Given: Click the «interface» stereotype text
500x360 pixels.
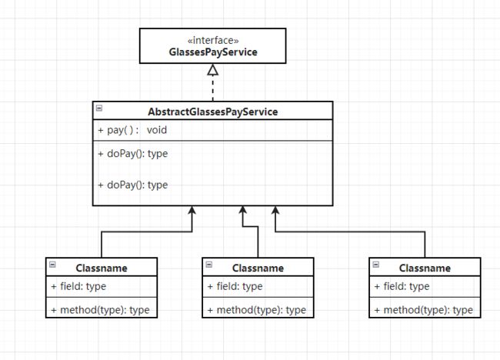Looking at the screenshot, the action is pos(213,41).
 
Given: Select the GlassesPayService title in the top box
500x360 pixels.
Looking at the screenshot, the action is pos(213,52).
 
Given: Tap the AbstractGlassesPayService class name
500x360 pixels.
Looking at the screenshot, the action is pos(212,112).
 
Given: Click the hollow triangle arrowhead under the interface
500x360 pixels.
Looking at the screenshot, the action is pos(212,70).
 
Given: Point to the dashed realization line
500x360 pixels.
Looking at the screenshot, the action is pos(212,88).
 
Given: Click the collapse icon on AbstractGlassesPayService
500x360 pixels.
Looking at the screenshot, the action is pos(99,108).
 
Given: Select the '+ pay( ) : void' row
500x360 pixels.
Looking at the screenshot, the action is pos(132,130).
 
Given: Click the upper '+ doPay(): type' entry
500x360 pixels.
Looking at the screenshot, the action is pos(132,154).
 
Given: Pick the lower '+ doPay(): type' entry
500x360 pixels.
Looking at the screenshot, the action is pos(132,185).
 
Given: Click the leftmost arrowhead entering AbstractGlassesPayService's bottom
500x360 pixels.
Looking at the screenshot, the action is pos(192,210).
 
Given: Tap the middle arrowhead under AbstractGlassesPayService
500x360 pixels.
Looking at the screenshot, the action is pos(242,210).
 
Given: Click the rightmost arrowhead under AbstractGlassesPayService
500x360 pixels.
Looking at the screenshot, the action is pos(275,210).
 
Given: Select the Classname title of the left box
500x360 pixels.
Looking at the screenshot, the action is pos(102,268).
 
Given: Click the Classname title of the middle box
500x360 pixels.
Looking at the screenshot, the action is pos(258,268).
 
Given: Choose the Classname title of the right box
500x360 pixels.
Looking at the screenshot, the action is pos(425,268).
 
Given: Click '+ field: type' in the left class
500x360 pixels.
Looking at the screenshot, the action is pos(78,286).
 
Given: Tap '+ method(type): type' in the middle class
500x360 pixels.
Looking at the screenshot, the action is pos(257,310).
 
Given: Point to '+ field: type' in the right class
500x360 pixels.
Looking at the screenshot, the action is pos(402,286).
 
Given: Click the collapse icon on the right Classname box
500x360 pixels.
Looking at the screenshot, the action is pos(376,265).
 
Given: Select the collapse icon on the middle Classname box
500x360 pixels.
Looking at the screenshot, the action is pos(209,265).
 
